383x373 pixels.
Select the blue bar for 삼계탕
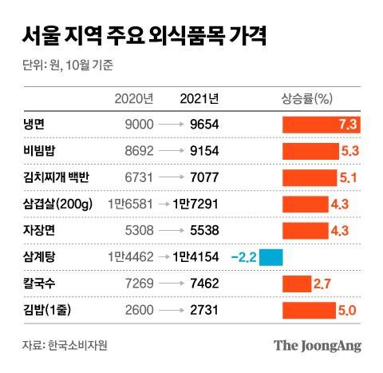pyautogui.click(x=271, y=257)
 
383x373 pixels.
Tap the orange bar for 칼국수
pyautogui.click(x=296, y=284)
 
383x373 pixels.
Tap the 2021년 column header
pyautogui.click(x=199, y=98)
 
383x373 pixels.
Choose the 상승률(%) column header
pyautogui.click(x=306, y=98)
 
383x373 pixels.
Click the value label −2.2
pyautogui.click(x=243, y=257)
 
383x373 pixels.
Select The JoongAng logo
pyautogui.click(x=318, y=345)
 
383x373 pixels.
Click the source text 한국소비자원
pyautogui.click(x=77, y=345)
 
